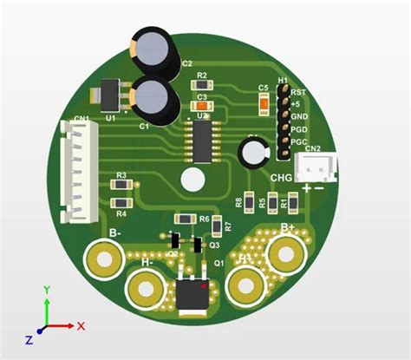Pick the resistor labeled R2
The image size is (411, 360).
(x=202, y=86)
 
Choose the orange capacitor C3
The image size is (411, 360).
(x=201, y=106)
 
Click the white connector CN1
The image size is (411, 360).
(x=75, y=169)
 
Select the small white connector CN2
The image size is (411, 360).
(x=311, y=167)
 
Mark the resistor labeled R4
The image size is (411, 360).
(x=121, y=204)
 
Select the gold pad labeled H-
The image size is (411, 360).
(x=145, y=287)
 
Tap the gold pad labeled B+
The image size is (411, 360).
(x=285, y=254)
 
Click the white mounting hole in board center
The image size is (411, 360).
(x=192, y=180)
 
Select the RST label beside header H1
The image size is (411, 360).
(x=298, y=92)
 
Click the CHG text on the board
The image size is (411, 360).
(x=282, y=178)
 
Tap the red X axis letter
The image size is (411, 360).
(x=81, y=326)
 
